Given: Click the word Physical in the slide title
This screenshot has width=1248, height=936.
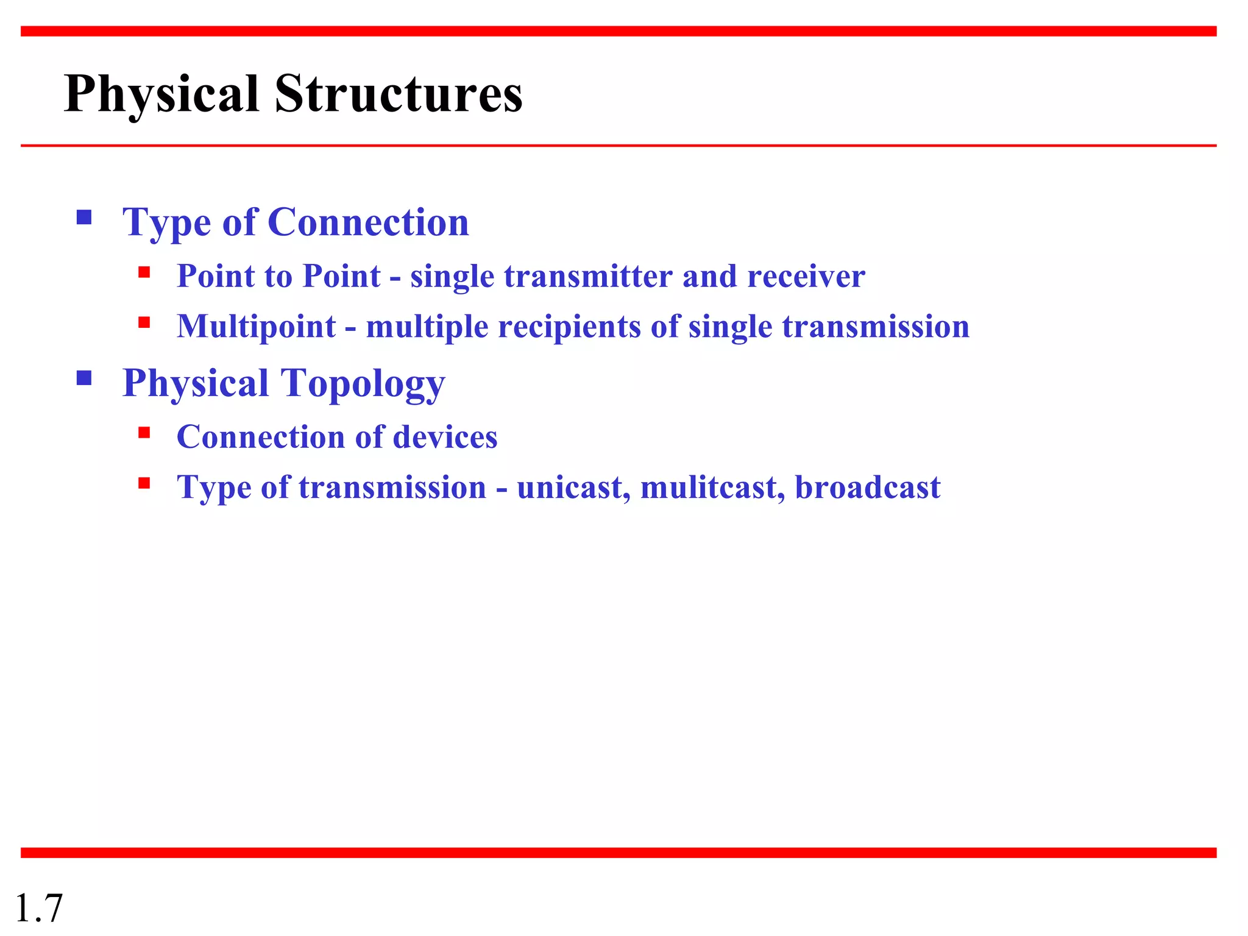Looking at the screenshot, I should coord(161,94).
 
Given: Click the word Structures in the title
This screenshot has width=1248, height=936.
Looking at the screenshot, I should coord(399,94).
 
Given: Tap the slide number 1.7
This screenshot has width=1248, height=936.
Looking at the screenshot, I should coord(38,908).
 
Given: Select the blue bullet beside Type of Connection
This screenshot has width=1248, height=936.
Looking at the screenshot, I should coord(84,218).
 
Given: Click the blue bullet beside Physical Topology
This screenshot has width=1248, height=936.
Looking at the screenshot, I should coord(84,378).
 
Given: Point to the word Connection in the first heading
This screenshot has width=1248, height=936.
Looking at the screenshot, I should coord(368,222).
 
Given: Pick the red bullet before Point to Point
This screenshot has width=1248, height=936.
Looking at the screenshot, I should coord(144,272).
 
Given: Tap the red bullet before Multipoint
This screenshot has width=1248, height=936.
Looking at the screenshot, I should coord(144,322).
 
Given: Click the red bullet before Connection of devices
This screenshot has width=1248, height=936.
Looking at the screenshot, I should coord(144,433).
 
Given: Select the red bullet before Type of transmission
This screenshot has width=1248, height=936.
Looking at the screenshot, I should coord(144,483).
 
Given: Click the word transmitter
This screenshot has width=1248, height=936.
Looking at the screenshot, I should coord(588,276).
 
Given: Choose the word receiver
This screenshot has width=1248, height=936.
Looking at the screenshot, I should coord(806,276).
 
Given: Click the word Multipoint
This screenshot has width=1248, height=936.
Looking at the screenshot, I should coord(256,327).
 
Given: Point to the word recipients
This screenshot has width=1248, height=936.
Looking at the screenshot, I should coord(569,327).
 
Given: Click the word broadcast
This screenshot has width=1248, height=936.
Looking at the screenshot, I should coord(867,487).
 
